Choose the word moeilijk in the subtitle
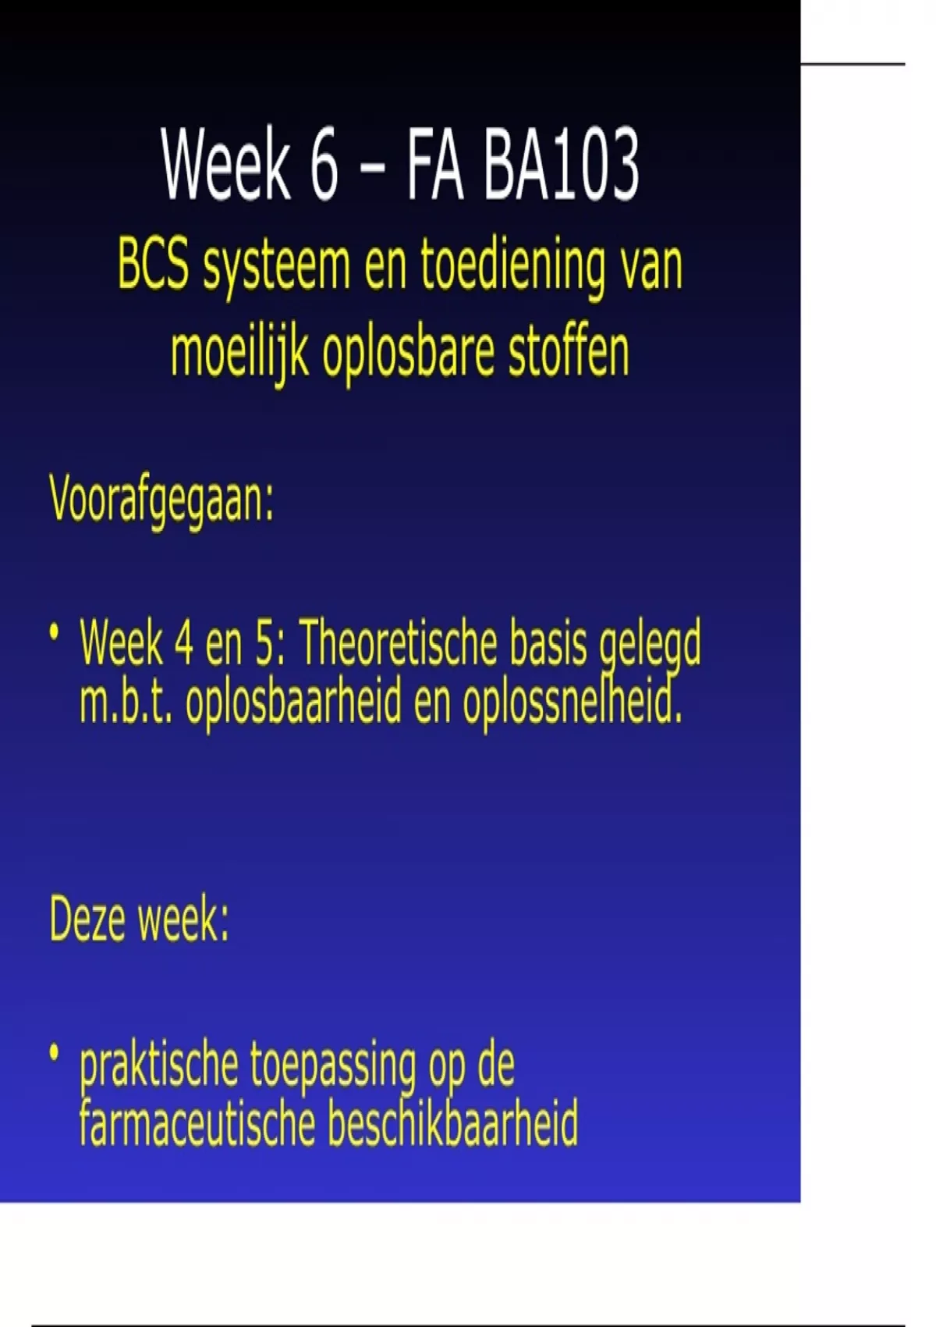coord(239,353)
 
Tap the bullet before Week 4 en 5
coord(55,631)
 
